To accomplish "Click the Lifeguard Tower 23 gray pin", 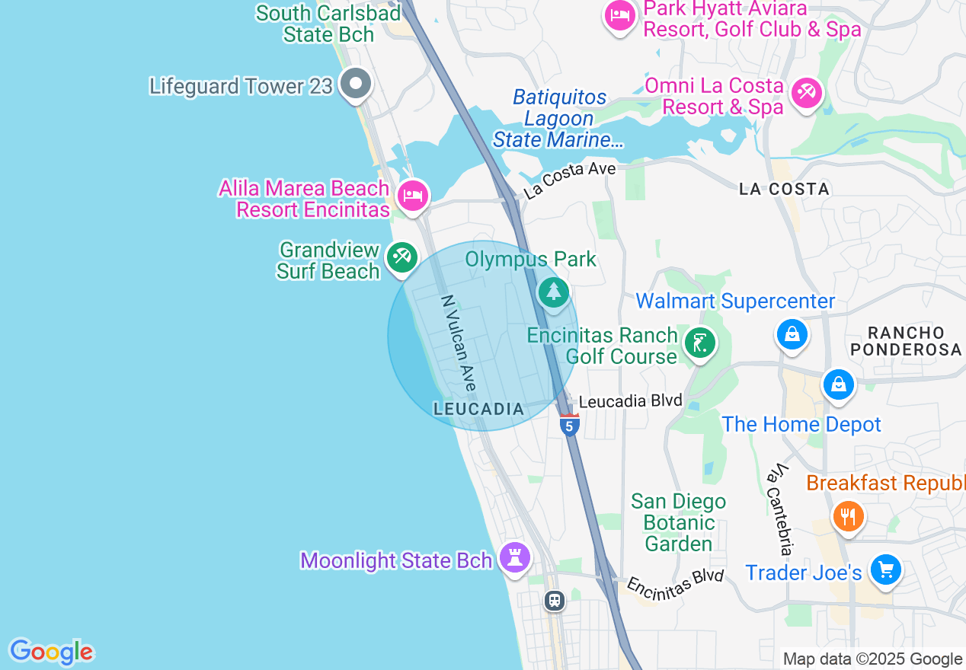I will pos(355,84).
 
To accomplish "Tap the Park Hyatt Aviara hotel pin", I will pos(619,16).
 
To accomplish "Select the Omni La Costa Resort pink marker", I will pos(804,94).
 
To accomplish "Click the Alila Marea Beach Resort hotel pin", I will pos(412,196).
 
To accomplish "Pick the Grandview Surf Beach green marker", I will pos(401,257).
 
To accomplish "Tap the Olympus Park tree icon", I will pos(553,291).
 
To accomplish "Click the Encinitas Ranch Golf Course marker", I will pos(698,343).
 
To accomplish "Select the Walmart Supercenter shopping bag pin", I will pos(792,334).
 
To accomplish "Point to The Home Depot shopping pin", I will pos(838,384).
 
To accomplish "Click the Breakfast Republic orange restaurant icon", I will pos(847,517).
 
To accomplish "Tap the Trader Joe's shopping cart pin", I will pos(885,569).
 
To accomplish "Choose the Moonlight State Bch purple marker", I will pos(514,557).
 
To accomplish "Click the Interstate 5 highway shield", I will pos(569,424).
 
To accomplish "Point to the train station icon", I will pos(554,600).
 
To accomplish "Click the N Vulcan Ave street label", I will pos(459,344).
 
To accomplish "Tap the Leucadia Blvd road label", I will pos(630,400).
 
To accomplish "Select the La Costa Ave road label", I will pos(569,180).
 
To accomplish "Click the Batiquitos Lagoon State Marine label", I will pos(559,119).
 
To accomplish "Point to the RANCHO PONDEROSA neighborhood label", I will pos(906,341).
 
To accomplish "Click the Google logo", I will pos(51,652).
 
